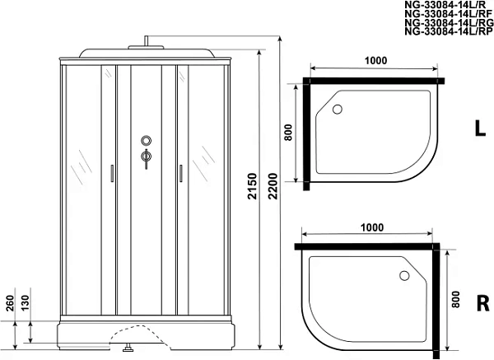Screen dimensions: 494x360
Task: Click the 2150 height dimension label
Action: coord(253,186)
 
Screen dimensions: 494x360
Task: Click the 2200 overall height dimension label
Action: coord(273,186)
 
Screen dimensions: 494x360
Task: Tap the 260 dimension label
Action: coord(11,303)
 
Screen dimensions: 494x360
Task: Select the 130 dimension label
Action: coord(25,302)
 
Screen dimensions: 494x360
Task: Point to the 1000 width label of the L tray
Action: coord(375,60)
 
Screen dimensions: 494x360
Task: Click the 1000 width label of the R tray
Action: coord(372,227)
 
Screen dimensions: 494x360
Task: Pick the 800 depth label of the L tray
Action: coord(288,133)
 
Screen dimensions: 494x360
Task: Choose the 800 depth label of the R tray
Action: coord(455,300)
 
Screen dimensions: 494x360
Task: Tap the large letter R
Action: coord(483,303)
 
